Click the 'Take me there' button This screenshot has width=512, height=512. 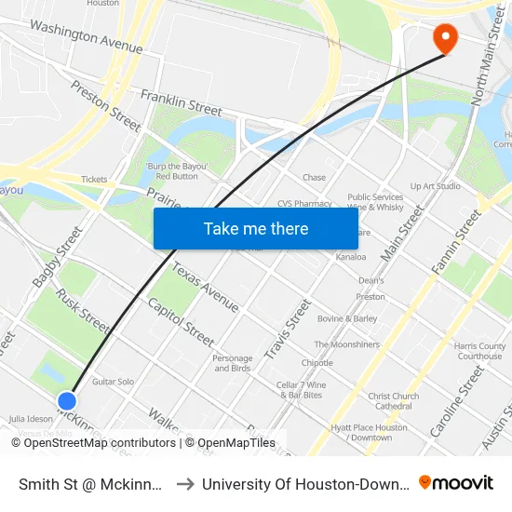(255, 228)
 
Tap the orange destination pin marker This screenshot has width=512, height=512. (447, 38)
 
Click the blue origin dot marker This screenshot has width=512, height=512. (67, 401)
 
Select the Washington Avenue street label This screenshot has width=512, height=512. (86, 36)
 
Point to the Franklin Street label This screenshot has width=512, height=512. (182, 102)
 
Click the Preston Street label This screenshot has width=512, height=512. (106, 104)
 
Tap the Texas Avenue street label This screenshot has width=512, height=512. (205, 288)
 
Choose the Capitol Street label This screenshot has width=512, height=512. (181, 322)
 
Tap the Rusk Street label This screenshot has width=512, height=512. (82, 310)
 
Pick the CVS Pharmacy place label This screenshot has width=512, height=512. (304, 204)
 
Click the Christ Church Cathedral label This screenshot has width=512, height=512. (393, 401)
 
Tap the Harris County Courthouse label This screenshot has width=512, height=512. (479, 351)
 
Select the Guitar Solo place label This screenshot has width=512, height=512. (113, 382)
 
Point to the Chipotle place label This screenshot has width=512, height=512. (317, 363)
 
